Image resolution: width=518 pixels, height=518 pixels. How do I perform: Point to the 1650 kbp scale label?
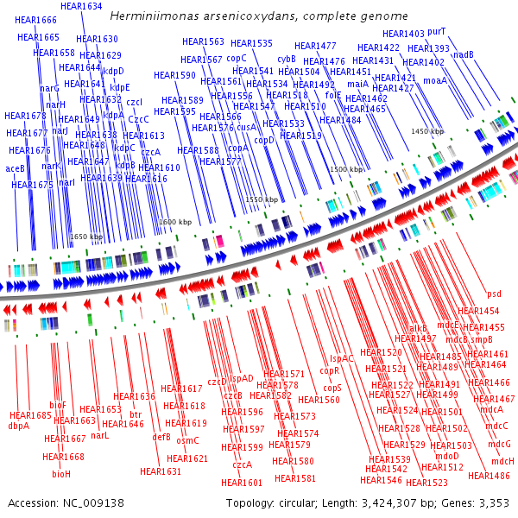[85, 237]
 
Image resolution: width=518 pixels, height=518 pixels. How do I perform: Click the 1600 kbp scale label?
[174, 222]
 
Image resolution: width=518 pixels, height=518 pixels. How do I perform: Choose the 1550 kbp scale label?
[262, 199]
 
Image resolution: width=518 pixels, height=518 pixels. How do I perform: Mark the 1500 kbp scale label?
[346, 170]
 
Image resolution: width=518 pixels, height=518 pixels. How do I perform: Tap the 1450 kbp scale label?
[426, 131]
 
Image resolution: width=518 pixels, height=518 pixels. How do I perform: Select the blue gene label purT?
[437, 31]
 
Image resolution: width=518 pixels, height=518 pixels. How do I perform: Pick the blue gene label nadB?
[464, 54]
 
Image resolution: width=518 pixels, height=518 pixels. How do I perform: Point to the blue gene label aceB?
[16, 168]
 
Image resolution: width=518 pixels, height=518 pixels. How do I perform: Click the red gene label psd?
[494, 294]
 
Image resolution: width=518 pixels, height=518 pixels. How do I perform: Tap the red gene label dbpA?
[19, 426]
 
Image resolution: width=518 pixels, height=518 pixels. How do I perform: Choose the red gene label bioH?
[61, 474]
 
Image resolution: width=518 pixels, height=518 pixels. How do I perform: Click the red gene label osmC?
[187, 440]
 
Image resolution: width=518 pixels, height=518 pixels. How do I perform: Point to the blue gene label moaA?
[435, 80]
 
